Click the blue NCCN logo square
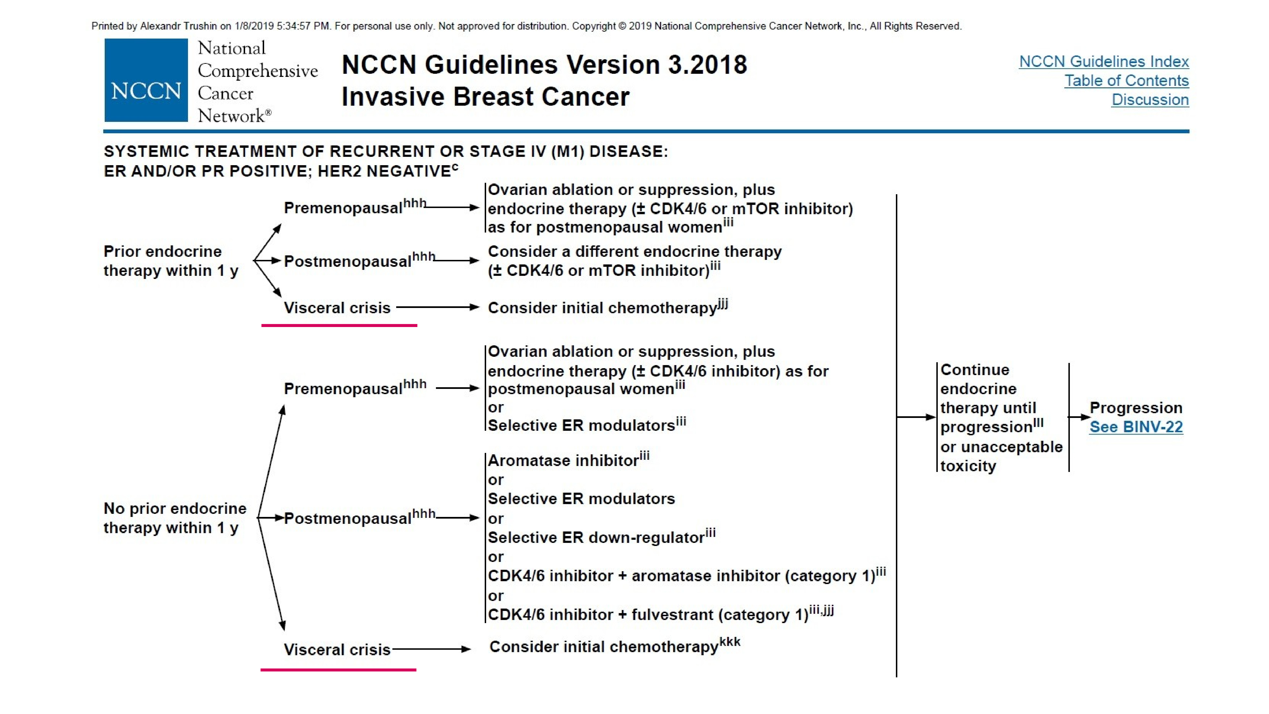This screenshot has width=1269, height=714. click(146, 80)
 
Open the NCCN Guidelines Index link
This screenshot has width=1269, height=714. click(1103, 62)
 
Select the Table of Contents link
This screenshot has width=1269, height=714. click(1126, 80)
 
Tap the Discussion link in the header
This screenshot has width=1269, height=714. click(1150, 99)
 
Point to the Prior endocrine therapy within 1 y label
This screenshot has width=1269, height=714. click(170, 261)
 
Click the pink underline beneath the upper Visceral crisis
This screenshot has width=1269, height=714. click(339, 325)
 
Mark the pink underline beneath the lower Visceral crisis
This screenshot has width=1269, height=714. click(338, 670)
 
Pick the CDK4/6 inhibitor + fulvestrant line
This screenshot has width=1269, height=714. click(648, 615)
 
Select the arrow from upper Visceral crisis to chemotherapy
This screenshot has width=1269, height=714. click(437, 307)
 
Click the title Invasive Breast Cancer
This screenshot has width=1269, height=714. click(485, 97)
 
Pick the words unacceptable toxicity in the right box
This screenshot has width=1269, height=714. click(1000, 456)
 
